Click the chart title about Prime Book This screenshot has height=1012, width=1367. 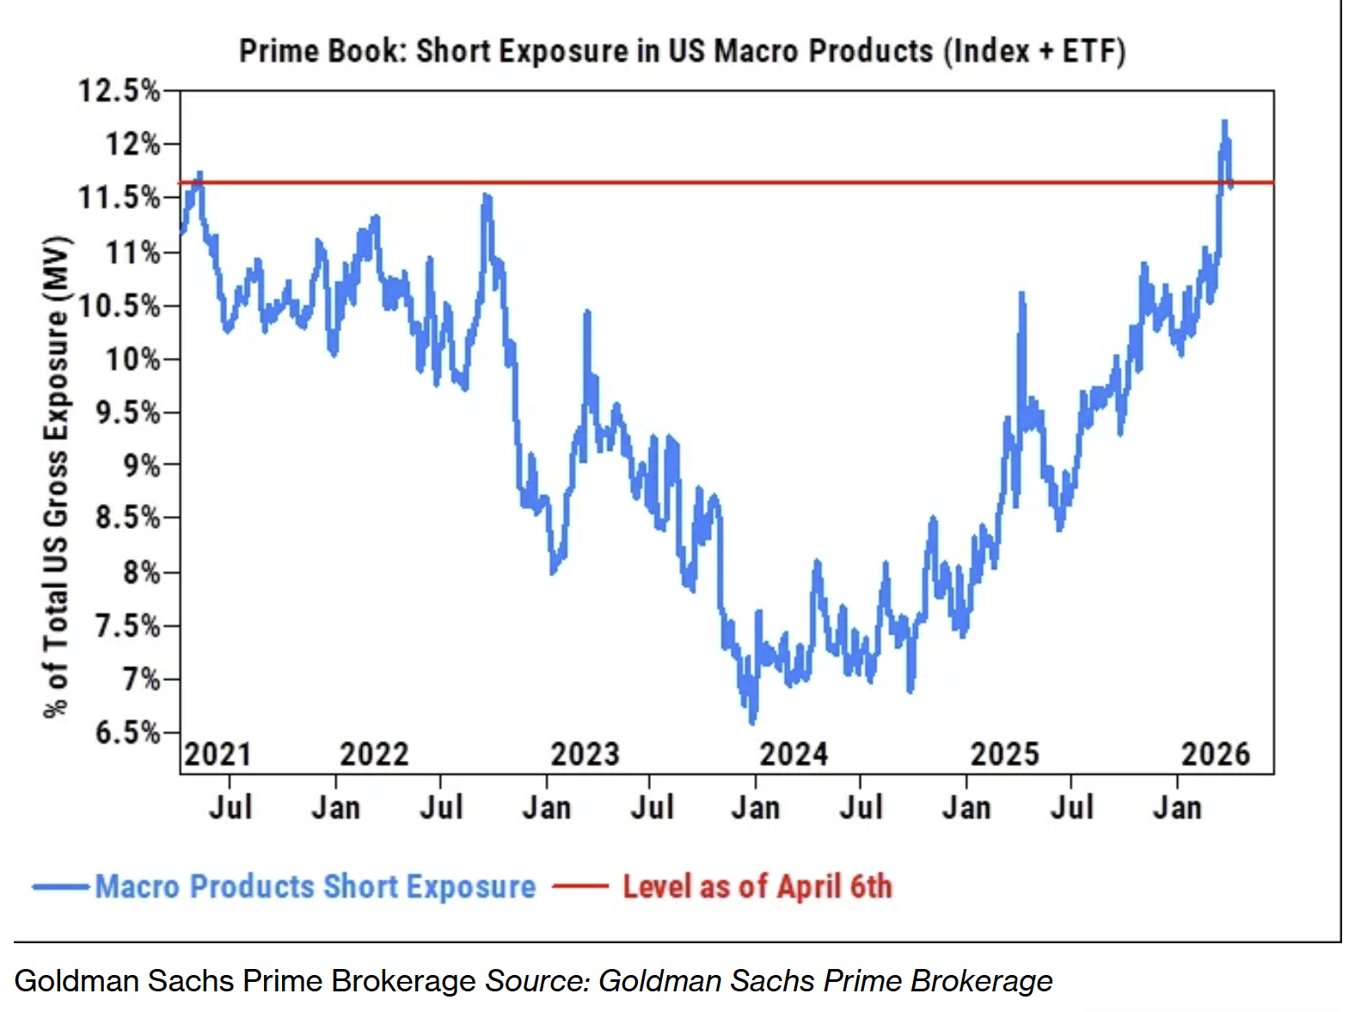pos(682,52)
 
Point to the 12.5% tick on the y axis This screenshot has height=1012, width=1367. pos(120,90)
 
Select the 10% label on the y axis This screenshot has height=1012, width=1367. pos(132,359)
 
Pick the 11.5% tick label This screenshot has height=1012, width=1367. pos(120,198)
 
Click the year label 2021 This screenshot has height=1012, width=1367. pos(218,754)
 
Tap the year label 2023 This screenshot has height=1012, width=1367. pos(585,754)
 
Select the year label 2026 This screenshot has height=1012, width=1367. pos(1215,754)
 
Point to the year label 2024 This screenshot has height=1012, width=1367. pos(793,754)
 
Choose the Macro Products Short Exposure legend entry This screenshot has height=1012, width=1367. pos(315,886)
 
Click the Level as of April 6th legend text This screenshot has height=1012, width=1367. pos(757,886)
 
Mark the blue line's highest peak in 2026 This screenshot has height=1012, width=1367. pos(1224,121)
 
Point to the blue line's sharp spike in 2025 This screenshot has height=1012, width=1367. pos(1021,294)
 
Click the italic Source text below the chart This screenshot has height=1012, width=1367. pos(769,981)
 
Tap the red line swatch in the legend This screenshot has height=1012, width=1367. pos(580,886)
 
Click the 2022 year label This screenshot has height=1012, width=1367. pos(374,754)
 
